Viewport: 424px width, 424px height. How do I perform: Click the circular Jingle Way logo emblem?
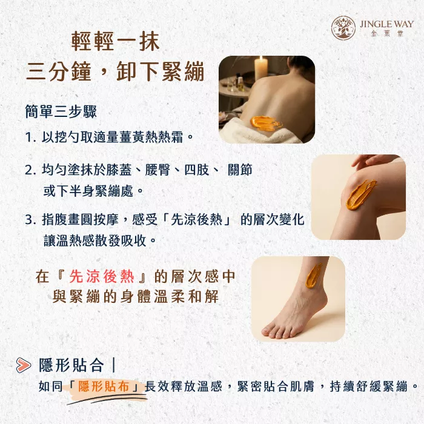tap(343, 28)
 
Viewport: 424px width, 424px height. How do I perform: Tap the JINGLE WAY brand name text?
tap(386, 24)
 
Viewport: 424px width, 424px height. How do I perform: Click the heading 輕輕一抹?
tap(116, 42)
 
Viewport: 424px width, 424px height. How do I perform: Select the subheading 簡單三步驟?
tap(61, 111)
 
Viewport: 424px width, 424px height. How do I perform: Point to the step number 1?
tap(30, 137)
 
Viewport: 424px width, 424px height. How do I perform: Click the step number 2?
tap(30, 170)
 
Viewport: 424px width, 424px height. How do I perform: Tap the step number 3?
tap(30, 219)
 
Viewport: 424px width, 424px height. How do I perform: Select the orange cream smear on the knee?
tap(360, 195)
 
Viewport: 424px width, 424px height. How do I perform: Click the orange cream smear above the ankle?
tap(313, 276)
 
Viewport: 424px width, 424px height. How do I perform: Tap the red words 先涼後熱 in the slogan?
tap(102, 276)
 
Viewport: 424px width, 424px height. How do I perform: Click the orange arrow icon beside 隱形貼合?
tap(23, 365)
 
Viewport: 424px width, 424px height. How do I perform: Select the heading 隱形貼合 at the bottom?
tap(71, 365)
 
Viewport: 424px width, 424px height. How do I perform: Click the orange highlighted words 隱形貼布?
tap(104, 386)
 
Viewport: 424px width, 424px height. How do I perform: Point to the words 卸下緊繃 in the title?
tap(161, 72)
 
